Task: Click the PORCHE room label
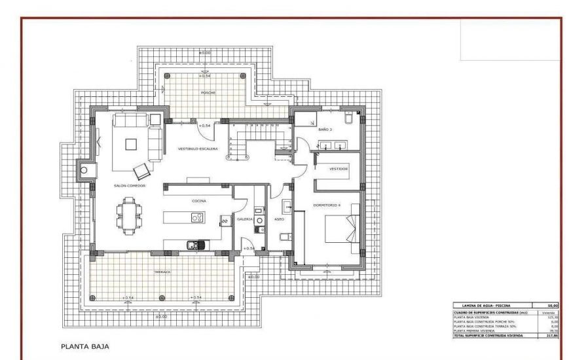point(207,93)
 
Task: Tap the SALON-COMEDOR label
point(129,186)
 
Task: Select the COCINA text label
point(199,201)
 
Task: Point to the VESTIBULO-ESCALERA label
point(198,149)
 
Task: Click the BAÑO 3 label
point(325,130)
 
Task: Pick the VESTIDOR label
point(338,169)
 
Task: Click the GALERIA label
point(245,219)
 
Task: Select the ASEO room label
point(279,219)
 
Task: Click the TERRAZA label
point(162,272)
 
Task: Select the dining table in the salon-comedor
point(128,214)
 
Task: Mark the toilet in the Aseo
point(284,236)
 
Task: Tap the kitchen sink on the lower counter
point(194,245)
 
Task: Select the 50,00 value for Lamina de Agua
point(543,305)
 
